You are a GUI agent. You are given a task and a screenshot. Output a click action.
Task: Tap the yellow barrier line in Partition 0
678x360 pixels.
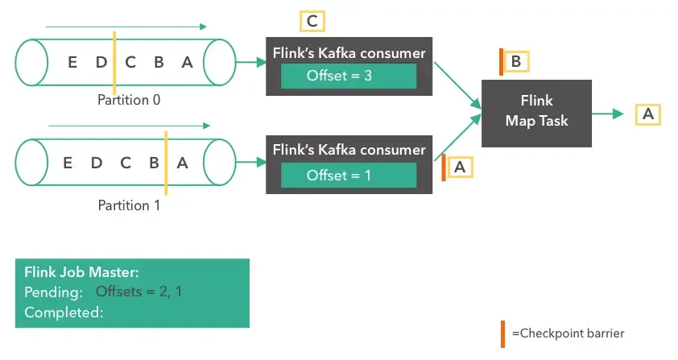pos(114,63)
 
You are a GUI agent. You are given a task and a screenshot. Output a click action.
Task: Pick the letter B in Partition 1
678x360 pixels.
pos(153,162)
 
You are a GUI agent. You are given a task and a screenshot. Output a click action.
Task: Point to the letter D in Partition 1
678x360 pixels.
pos(97,162)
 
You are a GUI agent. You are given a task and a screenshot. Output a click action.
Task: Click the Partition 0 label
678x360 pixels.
pos(129,100)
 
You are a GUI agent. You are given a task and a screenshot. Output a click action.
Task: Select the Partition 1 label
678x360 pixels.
pos(129,205)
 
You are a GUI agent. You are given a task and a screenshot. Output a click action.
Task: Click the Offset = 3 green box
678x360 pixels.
pos(348,77)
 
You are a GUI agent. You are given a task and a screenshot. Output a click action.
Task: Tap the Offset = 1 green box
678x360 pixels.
pos(348,175)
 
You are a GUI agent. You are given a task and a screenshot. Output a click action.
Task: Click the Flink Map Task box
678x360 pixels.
pos(536,112)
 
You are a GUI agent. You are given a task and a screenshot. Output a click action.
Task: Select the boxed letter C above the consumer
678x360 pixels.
pos(312,21)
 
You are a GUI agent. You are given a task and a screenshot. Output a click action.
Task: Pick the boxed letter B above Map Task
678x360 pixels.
pos(516,62)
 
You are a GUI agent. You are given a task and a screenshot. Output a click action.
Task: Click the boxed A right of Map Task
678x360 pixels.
pos(647,114)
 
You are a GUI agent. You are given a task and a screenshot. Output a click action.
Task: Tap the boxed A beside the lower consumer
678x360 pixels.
pos(460,166)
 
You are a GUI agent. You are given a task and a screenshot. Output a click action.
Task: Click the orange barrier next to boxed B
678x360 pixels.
pos(501,63)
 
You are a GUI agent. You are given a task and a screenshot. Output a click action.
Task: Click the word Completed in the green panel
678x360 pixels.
pos(64,312)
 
